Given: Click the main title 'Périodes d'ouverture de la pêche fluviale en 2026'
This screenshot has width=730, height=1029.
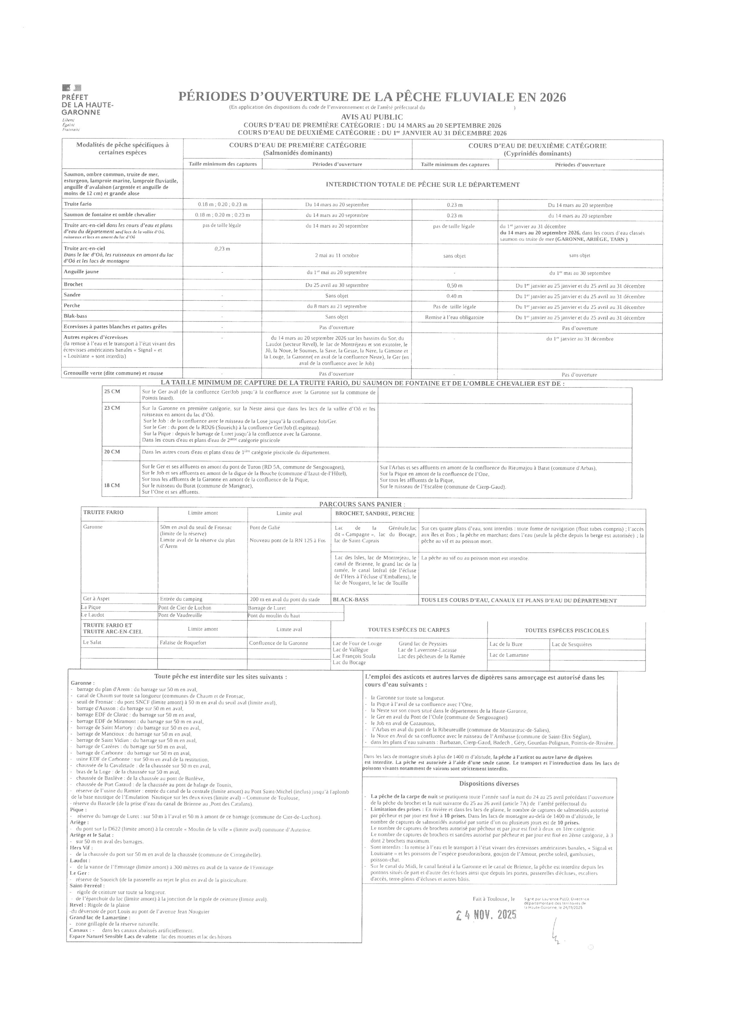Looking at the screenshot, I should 372,96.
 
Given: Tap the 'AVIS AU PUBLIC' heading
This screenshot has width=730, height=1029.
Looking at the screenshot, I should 372,117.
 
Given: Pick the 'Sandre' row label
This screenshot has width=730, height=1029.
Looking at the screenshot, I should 72,295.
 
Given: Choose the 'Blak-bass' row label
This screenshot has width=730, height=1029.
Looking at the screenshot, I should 75,316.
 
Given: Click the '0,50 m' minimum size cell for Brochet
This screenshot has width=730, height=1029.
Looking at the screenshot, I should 454,285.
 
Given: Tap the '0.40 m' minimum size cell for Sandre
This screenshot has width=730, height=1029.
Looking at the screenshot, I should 454,296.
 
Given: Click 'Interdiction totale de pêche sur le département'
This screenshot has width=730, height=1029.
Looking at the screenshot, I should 423,185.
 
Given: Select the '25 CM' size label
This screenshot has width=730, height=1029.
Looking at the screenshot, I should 112,391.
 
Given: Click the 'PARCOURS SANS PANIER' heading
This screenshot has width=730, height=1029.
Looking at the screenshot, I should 359,504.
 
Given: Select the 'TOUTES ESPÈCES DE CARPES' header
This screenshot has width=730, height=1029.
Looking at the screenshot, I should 409,630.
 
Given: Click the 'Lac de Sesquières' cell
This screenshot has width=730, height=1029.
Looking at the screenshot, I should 571,644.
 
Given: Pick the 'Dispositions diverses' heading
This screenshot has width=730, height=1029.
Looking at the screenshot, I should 489,784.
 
